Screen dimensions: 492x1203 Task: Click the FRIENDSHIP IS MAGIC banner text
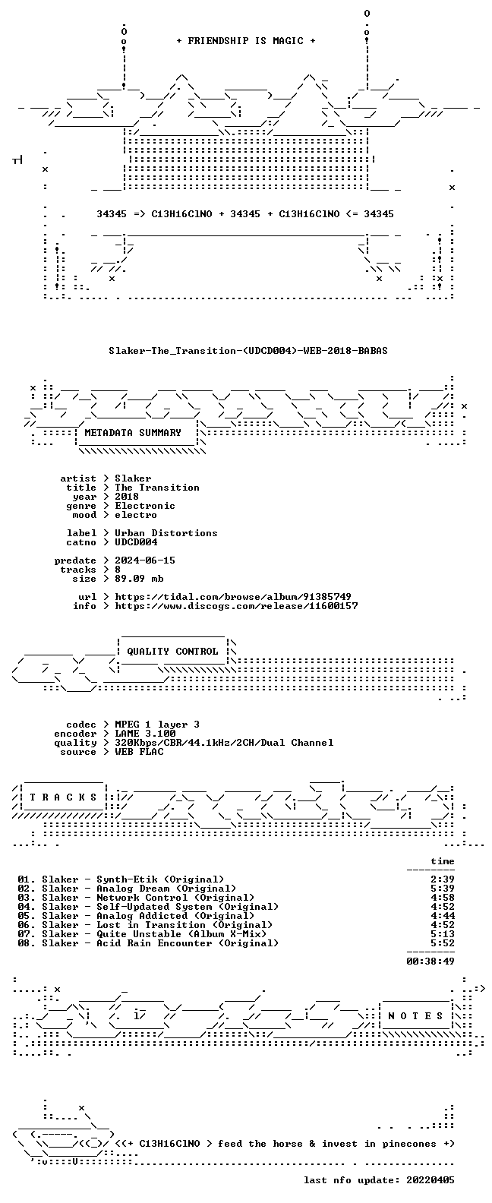[246, 41]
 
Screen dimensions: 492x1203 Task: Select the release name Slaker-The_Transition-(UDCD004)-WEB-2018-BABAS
[248, 351]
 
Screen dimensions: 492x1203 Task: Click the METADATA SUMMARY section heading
[133, 432]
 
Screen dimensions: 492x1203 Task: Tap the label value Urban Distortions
[166, 532]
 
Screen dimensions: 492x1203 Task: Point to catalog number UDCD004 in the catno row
[136, 542]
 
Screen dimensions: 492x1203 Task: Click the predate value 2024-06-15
[145, 560]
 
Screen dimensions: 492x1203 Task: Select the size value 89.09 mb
[139, 579]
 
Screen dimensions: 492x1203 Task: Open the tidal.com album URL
[233, 597]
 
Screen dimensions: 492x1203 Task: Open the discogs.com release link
[236, 606]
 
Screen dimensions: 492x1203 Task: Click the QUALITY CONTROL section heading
[172, 652]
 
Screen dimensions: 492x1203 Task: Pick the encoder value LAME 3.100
[145, 734]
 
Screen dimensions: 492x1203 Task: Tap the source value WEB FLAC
[139, 752]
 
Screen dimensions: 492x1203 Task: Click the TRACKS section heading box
[63, 797]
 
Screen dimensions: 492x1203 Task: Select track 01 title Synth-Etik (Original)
[160, 879]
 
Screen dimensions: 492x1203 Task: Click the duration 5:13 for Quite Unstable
[443, 934]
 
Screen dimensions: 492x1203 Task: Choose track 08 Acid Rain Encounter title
[188, 943]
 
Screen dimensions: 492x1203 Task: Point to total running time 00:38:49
[430, 961]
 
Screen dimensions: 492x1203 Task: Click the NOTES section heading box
[416, 1015]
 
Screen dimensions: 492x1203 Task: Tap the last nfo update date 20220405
[430, 1180]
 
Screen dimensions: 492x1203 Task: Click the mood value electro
[136, 514]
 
